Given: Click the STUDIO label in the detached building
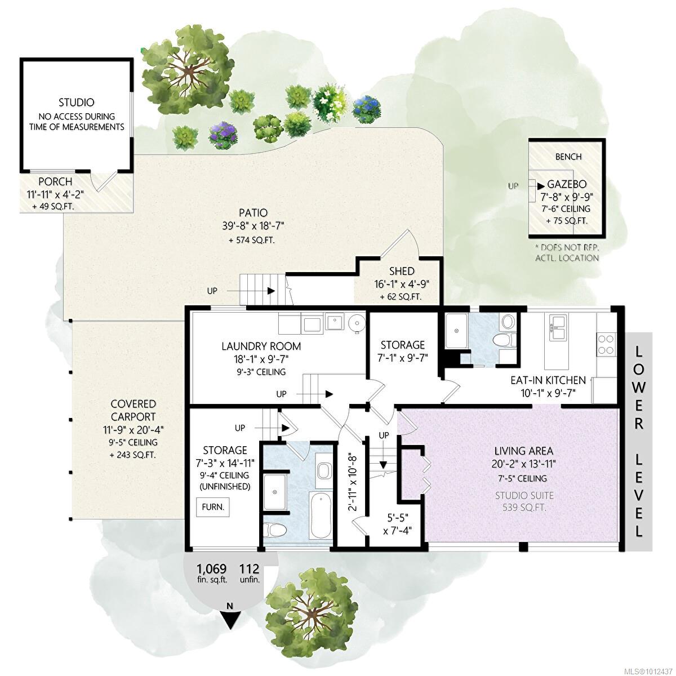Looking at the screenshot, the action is pos(77,103).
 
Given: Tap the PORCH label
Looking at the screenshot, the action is pos(55,182).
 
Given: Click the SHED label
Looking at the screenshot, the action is pos(402,271).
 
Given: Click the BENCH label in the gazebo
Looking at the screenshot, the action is pos(568,157).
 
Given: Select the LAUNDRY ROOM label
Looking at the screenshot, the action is pos(261,346).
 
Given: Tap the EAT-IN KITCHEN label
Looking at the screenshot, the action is pos(548,380).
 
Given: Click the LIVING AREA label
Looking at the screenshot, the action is pos(524,451).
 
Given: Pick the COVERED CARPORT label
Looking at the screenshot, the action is pos(134,411).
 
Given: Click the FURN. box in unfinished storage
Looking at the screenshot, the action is pos(212,507).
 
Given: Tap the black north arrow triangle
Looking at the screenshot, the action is pos(232,620).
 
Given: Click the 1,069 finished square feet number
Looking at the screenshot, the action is pos(211,568).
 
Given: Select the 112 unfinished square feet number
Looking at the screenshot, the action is pos(249,568).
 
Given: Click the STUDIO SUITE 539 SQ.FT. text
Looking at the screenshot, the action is pos(524,501).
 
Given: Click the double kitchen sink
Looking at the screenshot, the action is pos(557,327).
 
